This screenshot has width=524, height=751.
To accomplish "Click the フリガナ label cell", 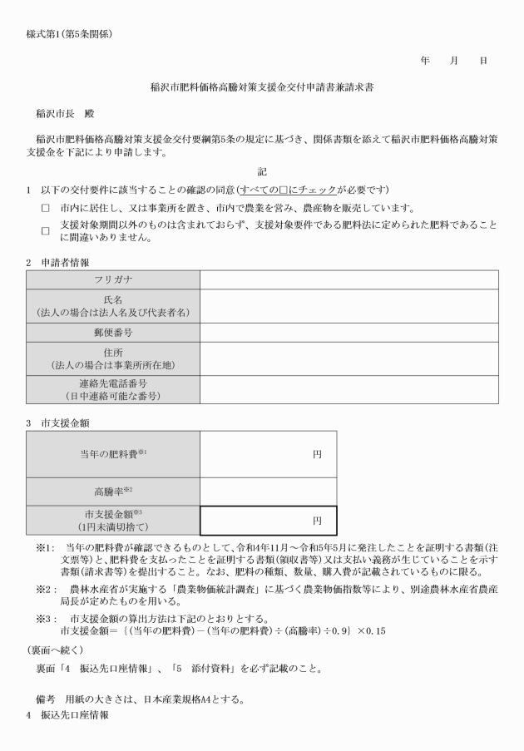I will [x=112, y=279].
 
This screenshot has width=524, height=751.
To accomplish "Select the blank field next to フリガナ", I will [x=349, y=279].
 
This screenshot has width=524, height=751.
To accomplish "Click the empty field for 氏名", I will [x=349, y=305].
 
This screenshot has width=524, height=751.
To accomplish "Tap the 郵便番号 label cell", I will [x=112, y=332].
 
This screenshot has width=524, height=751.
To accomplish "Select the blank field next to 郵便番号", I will [x=349, y=332].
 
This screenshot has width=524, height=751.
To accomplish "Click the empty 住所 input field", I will [x=349, y=358].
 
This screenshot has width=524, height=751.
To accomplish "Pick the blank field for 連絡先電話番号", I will [x=349, y=389].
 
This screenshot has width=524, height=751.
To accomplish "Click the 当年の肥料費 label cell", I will [x=112, y=454].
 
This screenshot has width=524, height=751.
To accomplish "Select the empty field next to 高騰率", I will [x=268, y=492].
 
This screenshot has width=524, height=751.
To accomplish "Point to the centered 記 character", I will [x=261, y=171].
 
